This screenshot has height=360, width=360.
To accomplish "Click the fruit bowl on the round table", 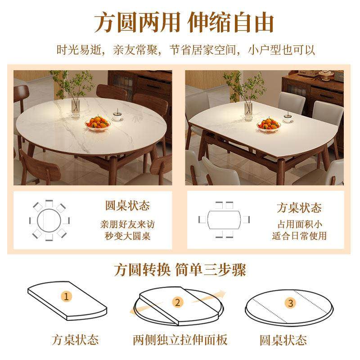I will point(98,122).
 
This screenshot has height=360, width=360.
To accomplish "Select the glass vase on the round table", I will point(76,107).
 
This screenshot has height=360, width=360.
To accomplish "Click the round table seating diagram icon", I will point(49,220).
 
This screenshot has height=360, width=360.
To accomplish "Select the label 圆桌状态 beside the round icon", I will point(127,207).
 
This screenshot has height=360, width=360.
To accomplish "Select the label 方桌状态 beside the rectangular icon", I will point(299,208).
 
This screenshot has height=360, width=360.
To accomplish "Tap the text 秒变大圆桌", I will point(127,235).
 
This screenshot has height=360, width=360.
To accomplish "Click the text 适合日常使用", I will point(299,235).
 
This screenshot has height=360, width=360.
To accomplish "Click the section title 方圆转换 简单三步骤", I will point(180,271).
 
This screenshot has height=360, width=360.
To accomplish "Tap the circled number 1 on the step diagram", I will point(67,297).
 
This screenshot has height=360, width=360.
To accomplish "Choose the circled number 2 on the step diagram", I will point(177,302).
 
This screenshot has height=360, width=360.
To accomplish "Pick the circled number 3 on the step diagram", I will point(290,303).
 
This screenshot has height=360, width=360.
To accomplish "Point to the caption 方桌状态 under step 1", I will point(75,339).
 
